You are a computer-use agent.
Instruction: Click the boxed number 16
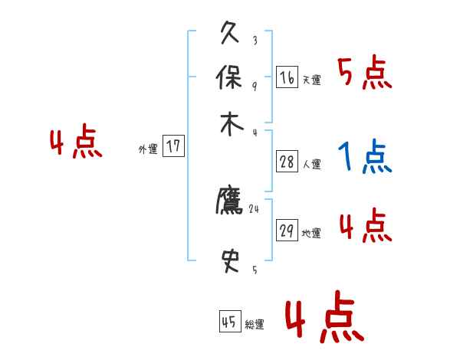tap(287, 77)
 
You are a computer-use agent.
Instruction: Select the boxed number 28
tap(287, 162)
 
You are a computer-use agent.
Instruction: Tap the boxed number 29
tap(287, 231)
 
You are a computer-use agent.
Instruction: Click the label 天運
tap(311, 80)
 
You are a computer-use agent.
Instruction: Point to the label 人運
tap(311, 164)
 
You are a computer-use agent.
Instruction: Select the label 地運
tap(311, 234)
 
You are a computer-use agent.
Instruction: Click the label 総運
tap(255, 325)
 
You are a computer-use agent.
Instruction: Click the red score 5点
tap(364, 74)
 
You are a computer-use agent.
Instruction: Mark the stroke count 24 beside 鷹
tap(255, 208)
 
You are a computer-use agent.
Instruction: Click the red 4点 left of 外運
tap(76, 144)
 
